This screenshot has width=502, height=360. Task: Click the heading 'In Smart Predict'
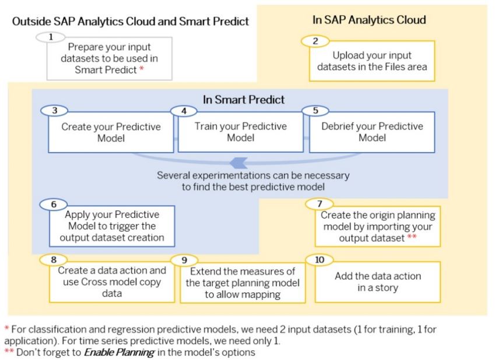point(244,100)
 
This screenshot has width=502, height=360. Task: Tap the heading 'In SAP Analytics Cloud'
point(369,20)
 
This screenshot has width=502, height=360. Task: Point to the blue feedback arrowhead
point(238,163)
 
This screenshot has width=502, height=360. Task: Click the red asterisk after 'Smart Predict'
point(142,69)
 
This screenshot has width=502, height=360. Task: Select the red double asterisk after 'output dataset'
point(412,237)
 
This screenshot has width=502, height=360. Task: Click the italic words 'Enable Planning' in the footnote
point(119,352)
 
